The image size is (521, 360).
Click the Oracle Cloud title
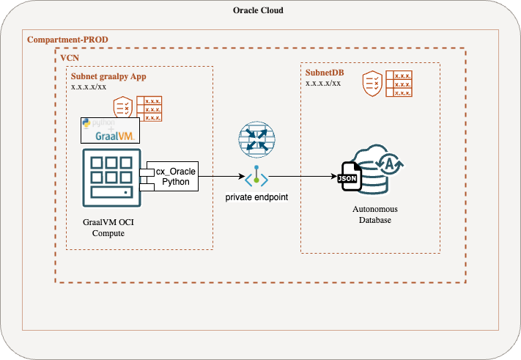click(258, 11)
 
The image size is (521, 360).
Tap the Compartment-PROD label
click(67, 39)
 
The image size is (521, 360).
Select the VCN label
click(70, 57)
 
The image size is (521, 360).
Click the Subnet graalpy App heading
click(109, 76)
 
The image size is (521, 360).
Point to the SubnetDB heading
click(325, 73)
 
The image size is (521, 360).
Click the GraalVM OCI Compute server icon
click(111, 176)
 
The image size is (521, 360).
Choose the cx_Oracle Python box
click(172, 177)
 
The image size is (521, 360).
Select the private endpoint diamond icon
click(256, 178)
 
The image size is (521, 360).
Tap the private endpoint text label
click(256, 199)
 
